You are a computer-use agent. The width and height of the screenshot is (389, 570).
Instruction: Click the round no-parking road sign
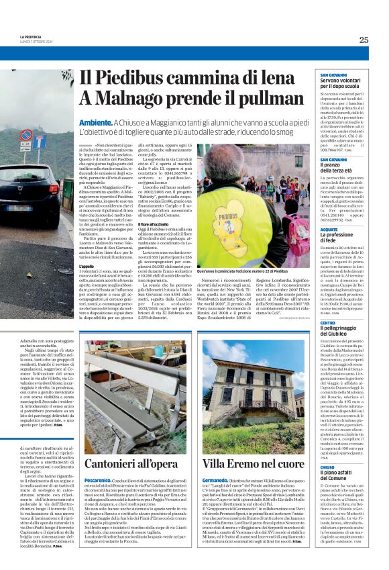click(26, 134)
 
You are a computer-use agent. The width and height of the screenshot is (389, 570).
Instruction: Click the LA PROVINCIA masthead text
click(31, 36)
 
